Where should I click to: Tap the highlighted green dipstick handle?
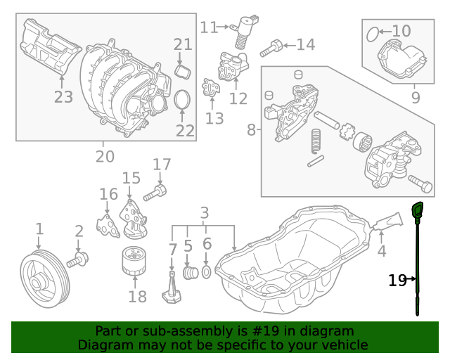[417, 210]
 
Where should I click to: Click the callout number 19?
[397, 281]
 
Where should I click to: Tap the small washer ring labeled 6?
[207, 271]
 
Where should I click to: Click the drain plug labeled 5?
[188, 272]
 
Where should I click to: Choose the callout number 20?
[105, 156]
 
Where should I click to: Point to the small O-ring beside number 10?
[375, 31]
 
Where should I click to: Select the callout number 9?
[416, 98]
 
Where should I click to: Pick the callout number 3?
[205, 212]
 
